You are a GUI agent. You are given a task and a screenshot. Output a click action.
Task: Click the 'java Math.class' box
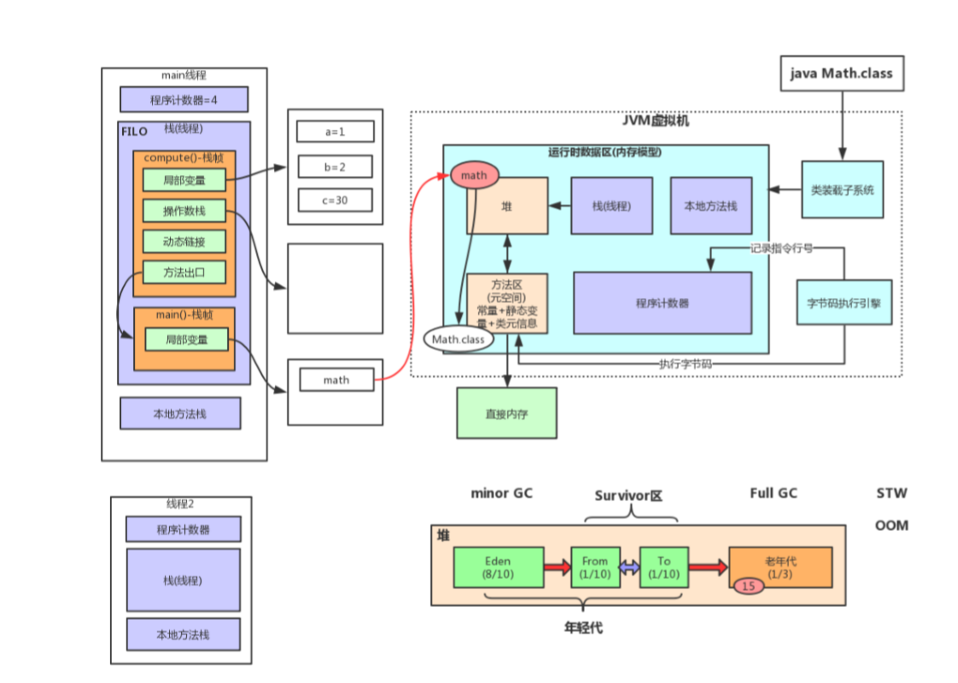point(840,73)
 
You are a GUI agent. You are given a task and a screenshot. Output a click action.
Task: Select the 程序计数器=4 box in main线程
point(184,100)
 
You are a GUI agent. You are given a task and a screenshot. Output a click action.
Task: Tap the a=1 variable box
point(335,131)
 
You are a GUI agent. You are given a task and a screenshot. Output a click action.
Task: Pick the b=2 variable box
point(335,166)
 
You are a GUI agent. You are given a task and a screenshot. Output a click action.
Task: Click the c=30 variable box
point(335,200)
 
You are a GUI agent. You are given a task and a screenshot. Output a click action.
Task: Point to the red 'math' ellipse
point(474,175)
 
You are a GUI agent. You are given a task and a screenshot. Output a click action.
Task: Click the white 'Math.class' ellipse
point(458,340)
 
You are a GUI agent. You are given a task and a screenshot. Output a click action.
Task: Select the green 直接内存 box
point(506,414)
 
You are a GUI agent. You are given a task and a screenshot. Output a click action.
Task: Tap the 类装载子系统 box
point(842,190)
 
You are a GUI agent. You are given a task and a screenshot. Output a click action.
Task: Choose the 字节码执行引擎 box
point(844,302)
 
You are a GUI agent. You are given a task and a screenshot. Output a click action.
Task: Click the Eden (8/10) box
point(498,568)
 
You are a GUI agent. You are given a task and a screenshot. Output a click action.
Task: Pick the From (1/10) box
point(594,568)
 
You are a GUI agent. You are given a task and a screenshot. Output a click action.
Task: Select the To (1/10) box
point(663,568)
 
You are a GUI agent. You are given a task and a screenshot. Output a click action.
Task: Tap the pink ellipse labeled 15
point(748,586)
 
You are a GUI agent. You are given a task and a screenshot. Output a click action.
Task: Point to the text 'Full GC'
point(774,493)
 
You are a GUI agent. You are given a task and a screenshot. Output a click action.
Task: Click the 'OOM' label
point(891,525)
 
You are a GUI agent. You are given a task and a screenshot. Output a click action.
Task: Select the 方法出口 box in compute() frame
point(184,272)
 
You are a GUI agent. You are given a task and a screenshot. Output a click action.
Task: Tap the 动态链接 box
point(184,242)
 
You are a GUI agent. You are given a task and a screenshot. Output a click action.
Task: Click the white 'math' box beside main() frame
point(336,380)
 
